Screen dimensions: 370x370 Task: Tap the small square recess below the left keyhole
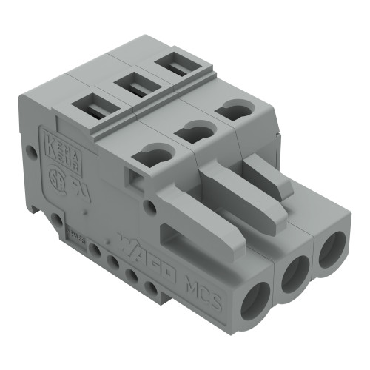[135, 177]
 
